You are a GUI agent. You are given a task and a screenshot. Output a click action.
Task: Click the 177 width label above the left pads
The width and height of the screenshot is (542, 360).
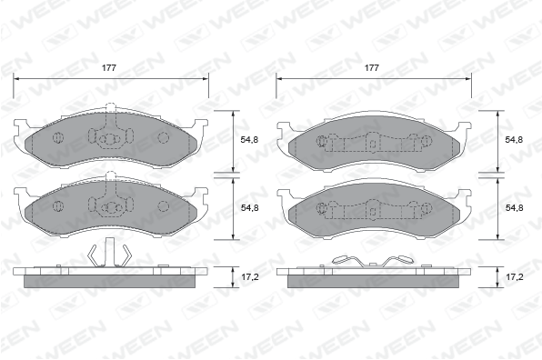tap(109, 67)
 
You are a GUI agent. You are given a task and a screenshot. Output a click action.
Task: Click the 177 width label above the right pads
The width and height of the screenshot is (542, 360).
tap(372, 67)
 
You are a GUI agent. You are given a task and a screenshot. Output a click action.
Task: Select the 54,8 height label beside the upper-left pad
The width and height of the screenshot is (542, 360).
tap(249, 140)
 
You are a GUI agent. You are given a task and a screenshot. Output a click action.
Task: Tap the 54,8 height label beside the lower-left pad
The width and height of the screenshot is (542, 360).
tap(249, 207)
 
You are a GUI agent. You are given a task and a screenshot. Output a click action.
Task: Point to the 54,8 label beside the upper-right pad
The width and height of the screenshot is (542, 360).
tap(514, 140)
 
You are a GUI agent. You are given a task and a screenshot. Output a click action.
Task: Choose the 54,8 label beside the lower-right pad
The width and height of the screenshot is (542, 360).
tap(514, 207)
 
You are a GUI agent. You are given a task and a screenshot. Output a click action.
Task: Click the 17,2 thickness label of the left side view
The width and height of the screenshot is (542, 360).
tap(249, 276)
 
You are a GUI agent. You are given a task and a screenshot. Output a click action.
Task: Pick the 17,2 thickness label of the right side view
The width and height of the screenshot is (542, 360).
tap(515, 276)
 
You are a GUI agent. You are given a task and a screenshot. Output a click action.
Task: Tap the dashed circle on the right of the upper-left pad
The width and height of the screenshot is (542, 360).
tap(163, 138)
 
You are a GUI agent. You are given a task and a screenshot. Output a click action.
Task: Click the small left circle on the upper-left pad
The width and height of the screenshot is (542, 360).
tap(58, 138)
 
